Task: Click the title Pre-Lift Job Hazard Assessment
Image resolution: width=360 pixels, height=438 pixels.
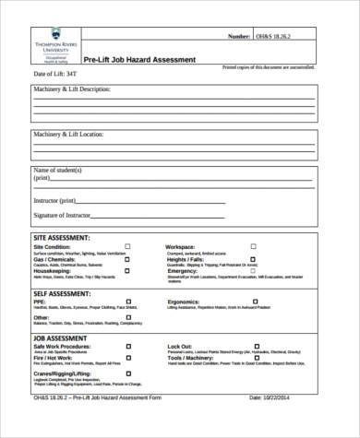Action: tap(146, 59)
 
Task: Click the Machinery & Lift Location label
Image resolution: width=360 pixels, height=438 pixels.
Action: tap(68, 135)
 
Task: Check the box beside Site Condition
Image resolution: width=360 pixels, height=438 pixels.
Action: tap(126, 247)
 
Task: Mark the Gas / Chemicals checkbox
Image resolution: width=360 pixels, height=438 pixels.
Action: tap(126, 260)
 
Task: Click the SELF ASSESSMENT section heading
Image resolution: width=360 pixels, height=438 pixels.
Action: tap(63, 291)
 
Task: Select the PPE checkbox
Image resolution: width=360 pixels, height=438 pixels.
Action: tap(126, 301)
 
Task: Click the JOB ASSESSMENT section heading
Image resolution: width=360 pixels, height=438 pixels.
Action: tap(60, 338)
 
